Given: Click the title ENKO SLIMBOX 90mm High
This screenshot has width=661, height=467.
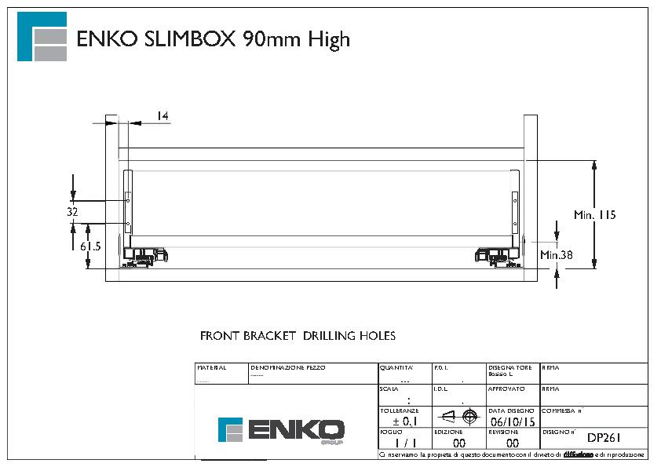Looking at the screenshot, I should click(213, 39).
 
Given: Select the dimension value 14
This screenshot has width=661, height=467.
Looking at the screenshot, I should click(163, 116).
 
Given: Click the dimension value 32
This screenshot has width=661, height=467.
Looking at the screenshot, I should click(72, 212).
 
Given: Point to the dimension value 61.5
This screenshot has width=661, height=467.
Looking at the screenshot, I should click(91, 246).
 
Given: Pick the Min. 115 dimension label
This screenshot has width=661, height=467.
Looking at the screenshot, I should click(594, 214).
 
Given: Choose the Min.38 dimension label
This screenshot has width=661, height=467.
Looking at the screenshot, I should click(556, 254).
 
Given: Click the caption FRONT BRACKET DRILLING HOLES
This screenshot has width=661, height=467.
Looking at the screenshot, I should click(298, 336).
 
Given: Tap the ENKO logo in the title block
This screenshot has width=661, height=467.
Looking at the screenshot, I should click(281, 430).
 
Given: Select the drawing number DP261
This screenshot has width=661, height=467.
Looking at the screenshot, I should click(604, 438).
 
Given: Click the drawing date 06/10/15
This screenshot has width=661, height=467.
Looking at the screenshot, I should click(512, 421).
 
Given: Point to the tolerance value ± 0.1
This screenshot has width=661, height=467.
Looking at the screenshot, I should click(405, 421).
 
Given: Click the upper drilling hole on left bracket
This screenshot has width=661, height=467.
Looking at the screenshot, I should click(127, 200).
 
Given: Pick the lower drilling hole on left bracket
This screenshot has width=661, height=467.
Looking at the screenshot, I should click(127, 224).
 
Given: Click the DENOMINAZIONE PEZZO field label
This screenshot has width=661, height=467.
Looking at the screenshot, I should click(287, 367).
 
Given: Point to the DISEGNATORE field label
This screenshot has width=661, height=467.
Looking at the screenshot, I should click(510, 367).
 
